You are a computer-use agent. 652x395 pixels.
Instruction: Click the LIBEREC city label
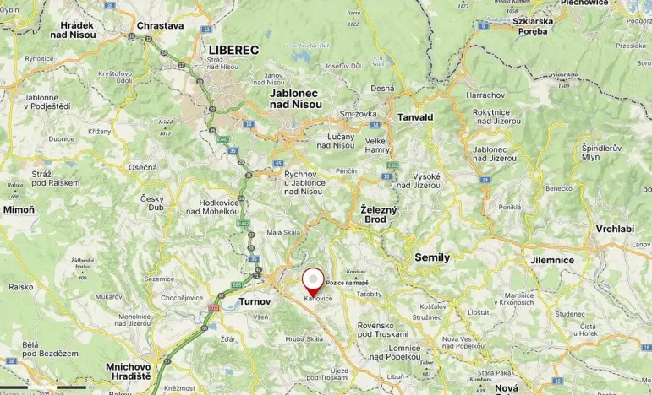(x=233, y=51)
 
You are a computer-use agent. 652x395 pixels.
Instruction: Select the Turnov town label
(x=255, y=301)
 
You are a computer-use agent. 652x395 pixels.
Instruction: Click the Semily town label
(x=432, y=257)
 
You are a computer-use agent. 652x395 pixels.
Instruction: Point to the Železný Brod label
(x=373, y=214)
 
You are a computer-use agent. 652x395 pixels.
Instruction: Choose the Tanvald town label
(x=415, y=117)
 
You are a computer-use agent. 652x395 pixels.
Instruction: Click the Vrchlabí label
(x=615, y=229)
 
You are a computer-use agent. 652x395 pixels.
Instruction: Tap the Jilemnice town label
(x=551, y=260)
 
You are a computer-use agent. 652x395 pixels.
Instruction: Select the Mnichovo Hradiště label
(x=129, y=372)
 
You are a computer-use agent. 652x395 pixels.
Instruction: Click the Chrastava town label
(x=160, y=26)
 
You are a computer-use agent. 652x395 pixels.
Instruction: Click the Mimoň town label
(x=19, y=208)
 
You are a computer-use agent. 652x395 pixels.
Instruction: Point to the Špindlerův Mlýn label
(x=601, y=153)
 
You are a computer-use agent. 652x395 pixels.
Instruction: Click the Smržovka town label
(x=351, y=112)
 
